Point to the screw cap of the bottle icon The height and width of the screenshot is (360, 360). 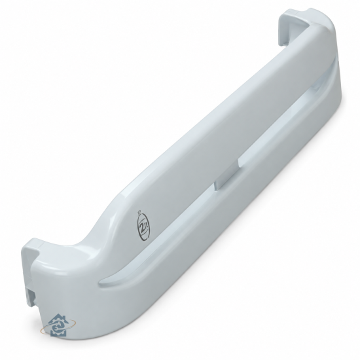click(139, 211)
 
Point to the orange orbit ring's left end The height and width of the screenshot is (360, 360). click(41, 331)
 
